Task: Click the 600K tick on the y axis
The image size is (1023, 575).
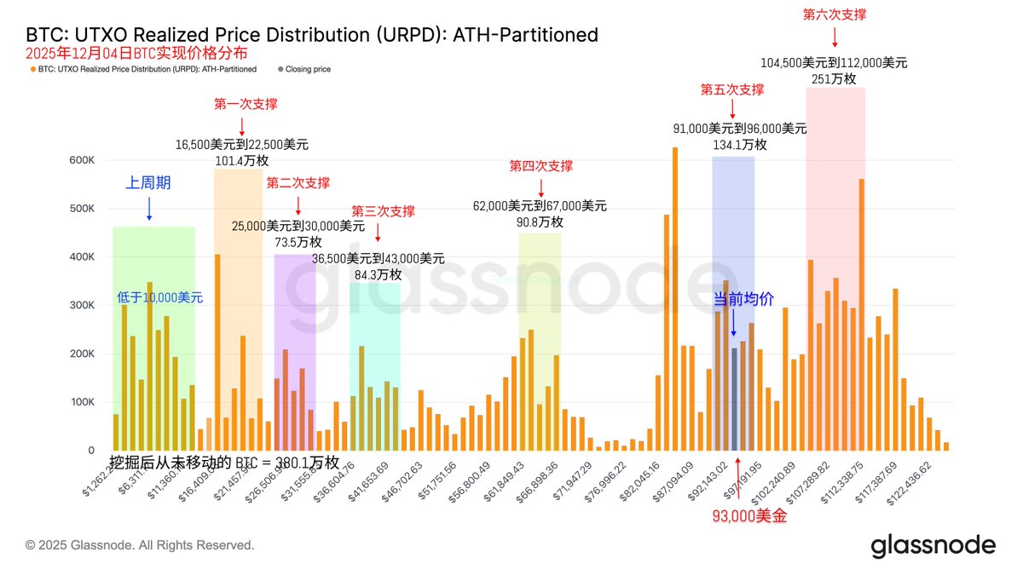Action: coord(81,160)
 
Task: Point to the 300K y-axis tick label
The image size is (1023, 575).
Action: coord(81,305)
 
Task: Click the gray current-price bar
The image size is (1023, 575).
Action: coord(734,399)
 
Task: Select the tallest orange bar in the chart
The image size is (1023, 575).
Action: coord(675,298)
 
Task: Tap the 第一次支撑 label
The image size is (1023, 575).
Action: coord(246,104)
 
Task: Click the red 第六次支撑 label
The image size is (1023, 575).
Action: coord(835,14)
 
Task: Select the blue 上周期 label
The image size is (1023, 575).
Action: coord(148,182)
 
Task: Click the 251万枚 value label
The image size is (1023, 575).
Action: coord(835,78)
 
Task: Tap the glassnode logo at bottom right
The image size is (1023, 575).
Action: coord(933,545)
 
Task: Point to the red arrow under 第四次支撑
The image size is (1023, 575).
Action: coord(541,186)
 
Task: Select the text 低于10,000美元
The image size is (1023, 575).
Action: coord(160,297)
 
